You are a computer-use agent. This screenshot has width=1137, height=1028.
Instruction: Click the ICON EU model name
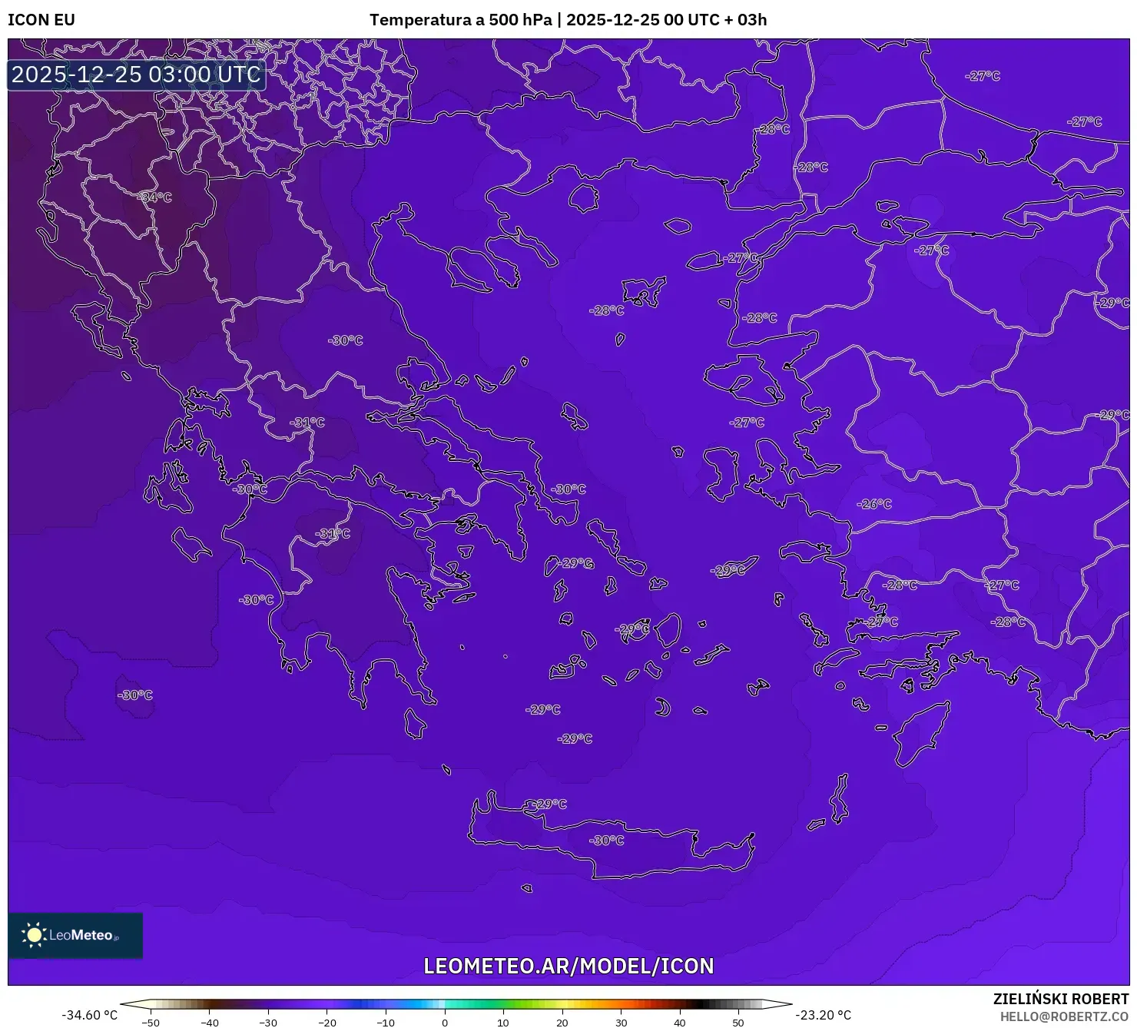[x=41, y=20]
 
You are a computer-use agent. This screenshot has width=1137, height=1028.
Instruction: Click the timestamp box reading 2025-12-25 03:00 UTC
[x=136, y=75]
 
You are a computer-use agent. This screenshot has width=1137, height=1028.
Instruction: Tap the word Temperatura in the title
[x=419, y=20]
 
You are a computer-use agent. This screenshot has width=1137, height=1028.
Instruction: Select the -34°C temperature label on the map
[x=155, y=197]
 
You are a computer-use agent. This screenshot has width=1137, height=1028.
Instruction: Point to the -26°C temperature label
[x=874, y=504]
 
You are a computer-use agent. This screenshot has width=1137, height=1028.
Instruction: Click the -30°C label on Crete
[x=607, y=841]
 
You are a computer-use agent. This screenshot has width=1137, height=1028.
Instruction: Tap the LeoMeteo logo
[x=75, y=935]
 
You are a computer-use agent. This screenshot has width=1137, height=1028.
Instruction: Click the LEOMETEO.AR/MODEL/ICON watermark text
[x=568, y=966]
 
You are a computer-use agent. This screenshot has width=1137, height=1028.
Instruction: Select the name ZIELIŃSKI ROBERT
[x=1060, y=999]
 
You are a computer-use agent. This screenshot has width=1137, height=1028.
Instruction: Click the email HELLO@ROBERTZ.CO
[x=1064, y=1016]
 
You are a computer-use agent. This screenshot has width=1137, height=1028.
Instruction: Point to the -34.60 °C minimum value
[x=90, y=1015]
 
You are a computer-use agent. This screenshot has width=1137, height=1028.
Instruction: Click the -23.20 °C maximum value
[x=823, y=1015]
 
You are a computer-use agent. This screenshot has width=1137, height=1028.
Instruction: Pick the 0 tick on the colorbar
[x=445, y=1023]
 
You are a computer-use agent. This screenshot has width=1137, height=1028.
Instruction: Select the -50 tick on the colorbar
[x=151, y=1023]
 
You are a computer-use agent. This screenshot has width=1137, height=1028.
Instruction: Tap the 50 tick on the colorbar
[x=738, y=1023]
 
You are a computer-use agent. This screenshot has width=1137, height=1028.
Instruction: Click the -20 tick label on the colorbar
[x=327, y=1023]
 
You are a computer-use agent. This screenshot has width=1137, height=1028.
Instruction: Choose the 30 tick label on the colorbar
[x=621, y=1023]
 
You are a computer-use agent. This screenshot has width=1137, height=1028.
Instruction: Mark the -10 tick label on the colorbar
[x=386, y=1023]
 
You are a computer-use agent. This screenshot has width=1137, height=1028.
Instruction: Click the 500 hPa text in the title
[x=520, y=20]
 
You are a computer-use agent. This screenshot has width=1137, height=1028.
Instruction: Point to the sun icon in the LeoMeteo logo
[x=34, y=935]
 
